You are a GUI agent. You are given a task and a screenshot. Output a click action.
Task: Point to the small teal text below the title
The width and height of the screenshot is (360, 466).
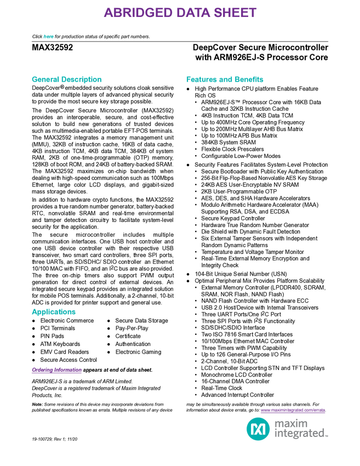[x=48, y=37]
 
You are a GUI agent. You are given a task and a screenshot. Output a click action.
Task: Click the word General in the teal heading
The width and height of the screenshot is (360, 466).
[x=44, y=79]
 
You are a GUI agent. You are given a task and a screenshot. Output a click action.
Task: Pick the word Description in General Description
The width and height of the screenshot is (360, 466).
[x=82, y=79]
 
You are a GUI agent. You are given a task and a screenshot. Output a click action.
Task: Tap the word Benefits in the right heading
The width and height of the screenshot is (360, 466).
[x=250, y=79]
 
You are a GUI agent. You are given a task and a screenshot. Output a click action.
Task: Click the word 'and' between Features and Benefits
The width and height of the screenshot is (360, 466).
[x=226, y=79]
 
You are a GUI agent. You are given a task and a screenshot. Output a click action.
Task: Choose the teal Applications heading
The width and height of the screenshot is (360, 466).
[x=53, y=312]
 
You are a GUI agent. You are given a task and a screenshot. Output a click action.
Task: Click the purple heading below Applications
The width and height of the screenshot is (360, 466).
[x=56, y=371]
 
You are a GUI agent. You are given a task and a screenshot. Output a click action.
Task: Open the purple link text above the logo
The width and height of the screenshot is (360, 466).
[x=293, y=411]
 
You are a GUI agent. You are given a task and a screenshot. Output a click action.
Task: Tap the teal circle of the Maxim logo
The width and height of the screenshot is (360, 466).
[x=258, y=429]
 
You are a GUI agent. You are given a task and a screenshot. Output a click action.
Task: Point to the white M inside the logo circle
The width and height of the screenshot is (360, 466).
[x=258, y=429]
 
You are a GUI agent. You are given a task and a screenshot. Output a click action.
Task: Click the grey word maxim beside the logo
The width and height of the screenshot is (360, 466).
[x=291, y=423]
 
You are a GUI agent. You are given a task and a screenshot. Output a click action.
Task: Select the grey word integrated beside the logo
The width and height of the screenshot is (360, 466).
[x=301, y=434]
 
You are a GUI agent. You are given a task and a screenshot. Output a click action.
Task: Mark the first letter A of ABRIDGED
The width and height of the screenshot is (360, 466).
[x=108, y=13]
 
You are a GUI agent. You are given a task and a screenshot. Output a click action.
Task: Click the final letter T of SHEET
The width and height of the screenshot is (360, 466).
[x=253, y=13]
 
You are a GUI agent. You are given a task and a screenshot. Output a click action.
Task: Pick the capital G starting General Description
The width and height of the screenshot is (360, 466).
[x=33, y=79]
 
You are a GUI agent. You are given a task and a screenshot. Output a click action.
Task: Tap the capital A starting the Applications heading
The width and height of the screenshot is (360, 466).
[x=33, y=312]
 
